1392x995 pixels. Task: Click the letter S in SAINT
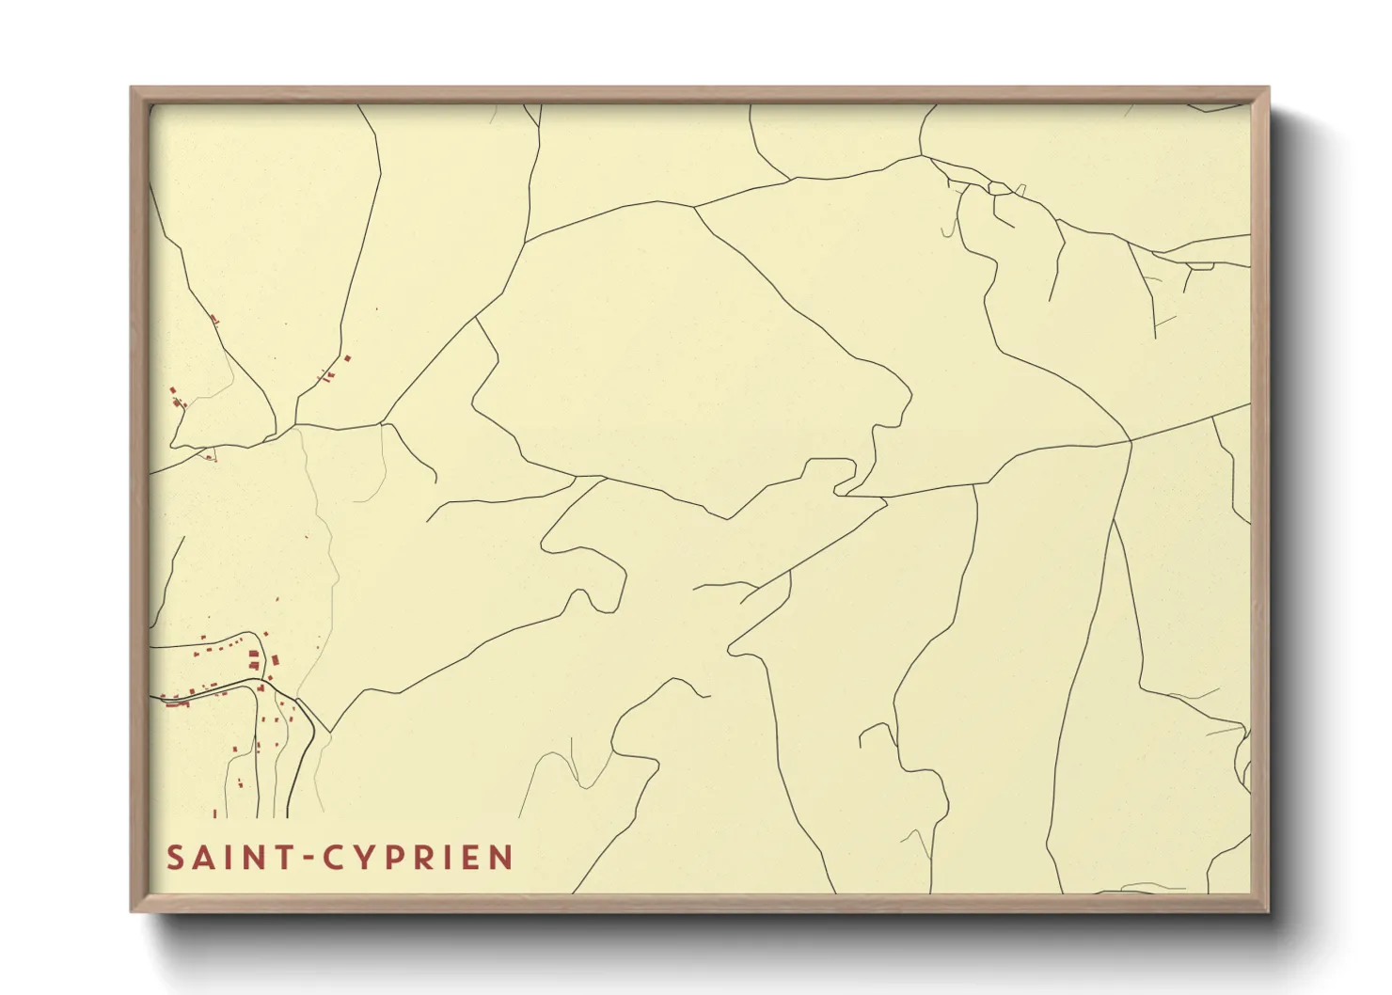(x=175, y=858)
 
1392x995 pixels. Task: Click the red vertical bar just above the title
(x=214, y=813)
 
